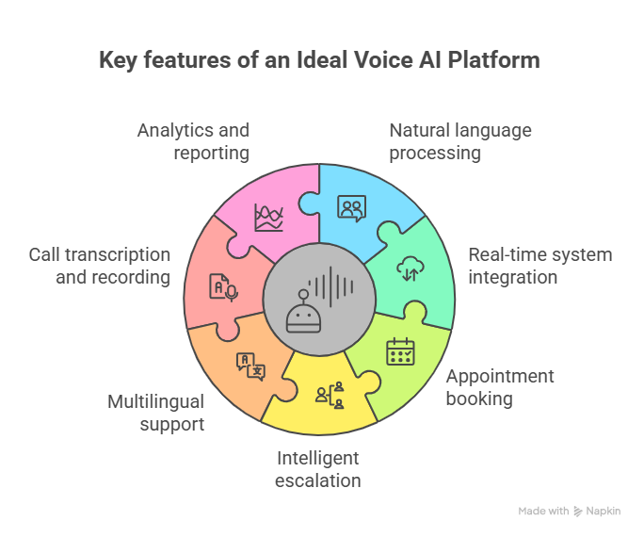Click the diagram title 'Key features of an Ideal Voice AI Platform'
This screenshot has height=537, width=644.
coord(320,60)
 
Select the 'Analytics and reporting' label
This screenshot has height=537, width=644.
coord(193,141)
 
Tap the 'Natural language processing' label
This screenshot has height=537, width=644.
coord(460,141)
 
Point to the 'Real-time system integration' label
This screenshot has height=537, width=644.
coord(539,266)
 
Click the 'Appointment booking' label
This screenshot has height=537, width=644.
coord(499,387)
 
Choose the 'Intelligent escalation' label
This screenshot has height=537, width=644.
coord(317,469)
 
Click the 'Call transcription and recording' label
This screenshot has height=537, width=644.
coord(100,266)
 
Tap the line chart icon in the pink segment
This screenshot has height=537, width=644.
coord(268,218)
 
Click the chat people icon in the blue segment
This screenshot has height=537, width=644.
coord(351,208)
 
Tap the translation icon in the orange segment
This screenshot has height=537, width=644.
coord(250,366)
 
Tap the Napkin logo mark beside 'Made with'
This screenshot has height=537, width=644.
coord(578,511)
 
